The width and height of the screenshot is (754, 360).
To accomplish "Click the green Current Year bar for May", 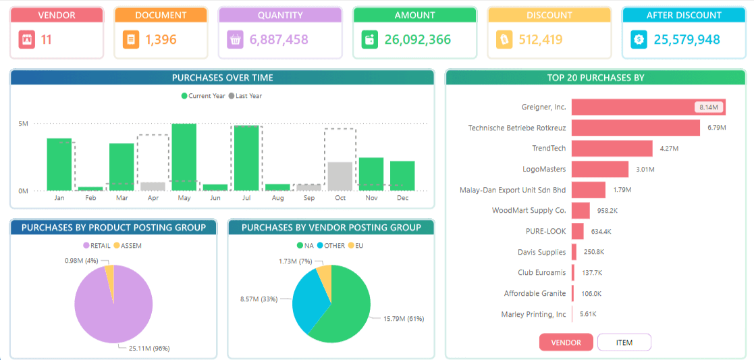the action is (x=185, y=157).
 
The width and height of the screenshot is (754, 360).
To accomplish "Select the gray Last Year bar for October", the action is (x=340, y=176).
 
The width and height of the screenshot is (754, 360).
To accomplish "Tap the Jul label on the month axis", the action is (x=246, y=198).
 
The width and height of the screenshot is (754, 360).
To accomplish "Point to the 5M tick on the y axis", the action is (x=24, y=124).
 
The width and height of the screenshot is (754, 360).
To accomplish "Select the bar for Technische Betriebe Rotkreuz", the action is (x=636, y=128).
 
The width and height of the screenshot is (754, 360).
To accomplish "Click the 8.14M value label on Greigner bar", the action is (x=709, y=107).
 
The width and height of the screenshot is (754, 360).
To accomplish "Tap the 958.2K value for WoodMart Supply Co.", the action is (x=608, y=210).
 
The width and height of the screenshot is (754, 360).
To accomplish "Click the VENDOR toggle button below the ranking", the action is (x=566, y=342).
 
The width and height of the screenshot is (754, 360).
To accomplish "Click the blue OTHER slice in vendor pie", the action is (x=309, y=299).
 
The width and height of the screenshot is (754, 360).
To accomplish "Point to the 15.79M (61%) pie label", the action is (x=404, y=319).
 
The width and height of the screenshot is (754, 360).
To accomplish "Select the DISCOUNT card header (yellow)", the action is (x=549, y=15).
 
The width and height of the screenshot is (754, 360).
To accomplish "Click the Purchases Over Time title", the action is (x=223, y=78).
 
